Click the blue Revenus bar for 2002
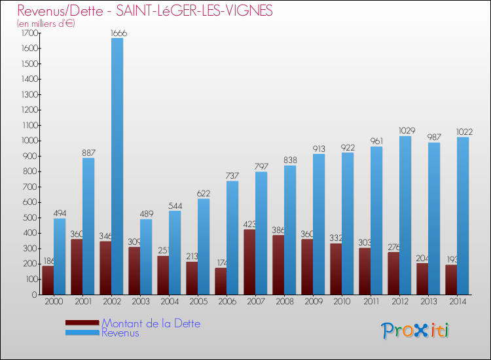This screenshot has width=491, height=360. point(117,166)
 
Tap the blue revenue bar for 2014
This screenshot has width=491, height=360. point(463,216)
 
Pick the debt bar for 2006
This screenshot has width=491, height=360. point(221,281)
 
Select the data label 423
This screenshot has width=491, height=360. point(249,225)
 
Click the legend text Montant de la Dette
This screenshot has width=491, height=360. point(151,323)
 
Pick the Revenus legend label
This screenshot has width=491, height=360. point(120,333)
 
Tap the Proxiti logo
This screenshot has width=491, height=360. point(416,330)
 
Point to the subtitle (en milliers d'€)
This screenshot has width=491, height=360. point(46,24)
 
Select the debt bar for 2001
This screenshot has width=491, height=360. point(77,266)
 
